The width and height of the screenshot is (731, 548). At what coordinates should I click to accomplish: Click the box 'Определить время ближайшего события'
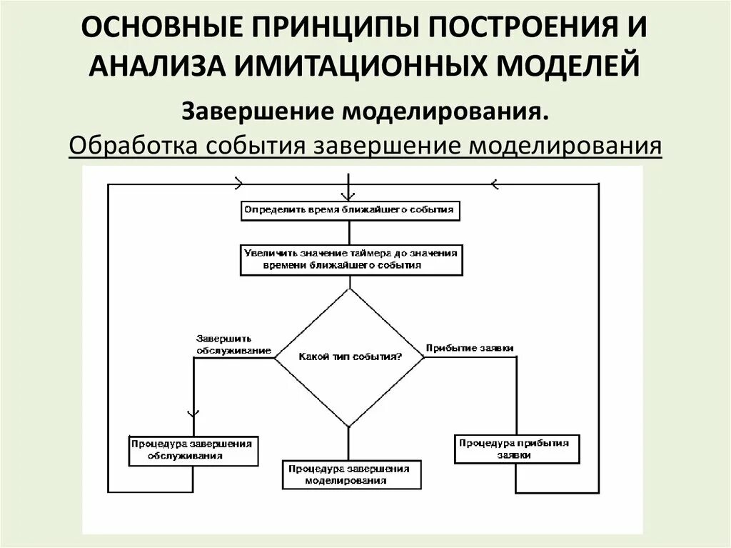point(348,211)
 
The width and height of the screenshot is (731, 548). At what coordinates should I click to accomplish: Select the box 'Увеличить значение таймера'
point(350,259)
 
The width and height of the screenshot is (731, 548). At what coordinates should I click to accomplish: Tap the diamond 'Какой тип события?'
point(349,357)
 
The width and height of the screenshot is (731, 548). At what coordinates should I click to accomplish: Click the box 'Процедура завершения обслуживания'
point(193,449)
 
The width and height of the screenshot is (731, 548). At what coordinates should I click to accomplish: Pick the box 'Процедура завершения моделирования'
point(350,474)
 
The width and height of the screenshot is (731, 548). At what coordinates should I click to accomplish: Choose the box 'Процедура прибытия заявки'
point(514,449)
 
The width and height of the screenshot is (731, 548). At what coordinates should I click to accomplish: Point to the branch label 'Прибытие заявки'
point(469,348)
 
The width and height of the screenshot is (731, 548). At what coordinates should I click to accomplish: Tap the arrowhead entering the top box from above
point(348,196)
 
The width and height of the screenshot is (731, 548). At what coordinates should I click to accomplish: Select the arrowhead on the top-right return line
point(493,184)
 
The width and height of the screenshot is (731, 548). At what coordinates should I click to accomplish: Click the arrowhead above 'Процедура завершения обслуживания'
point(193,413)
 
